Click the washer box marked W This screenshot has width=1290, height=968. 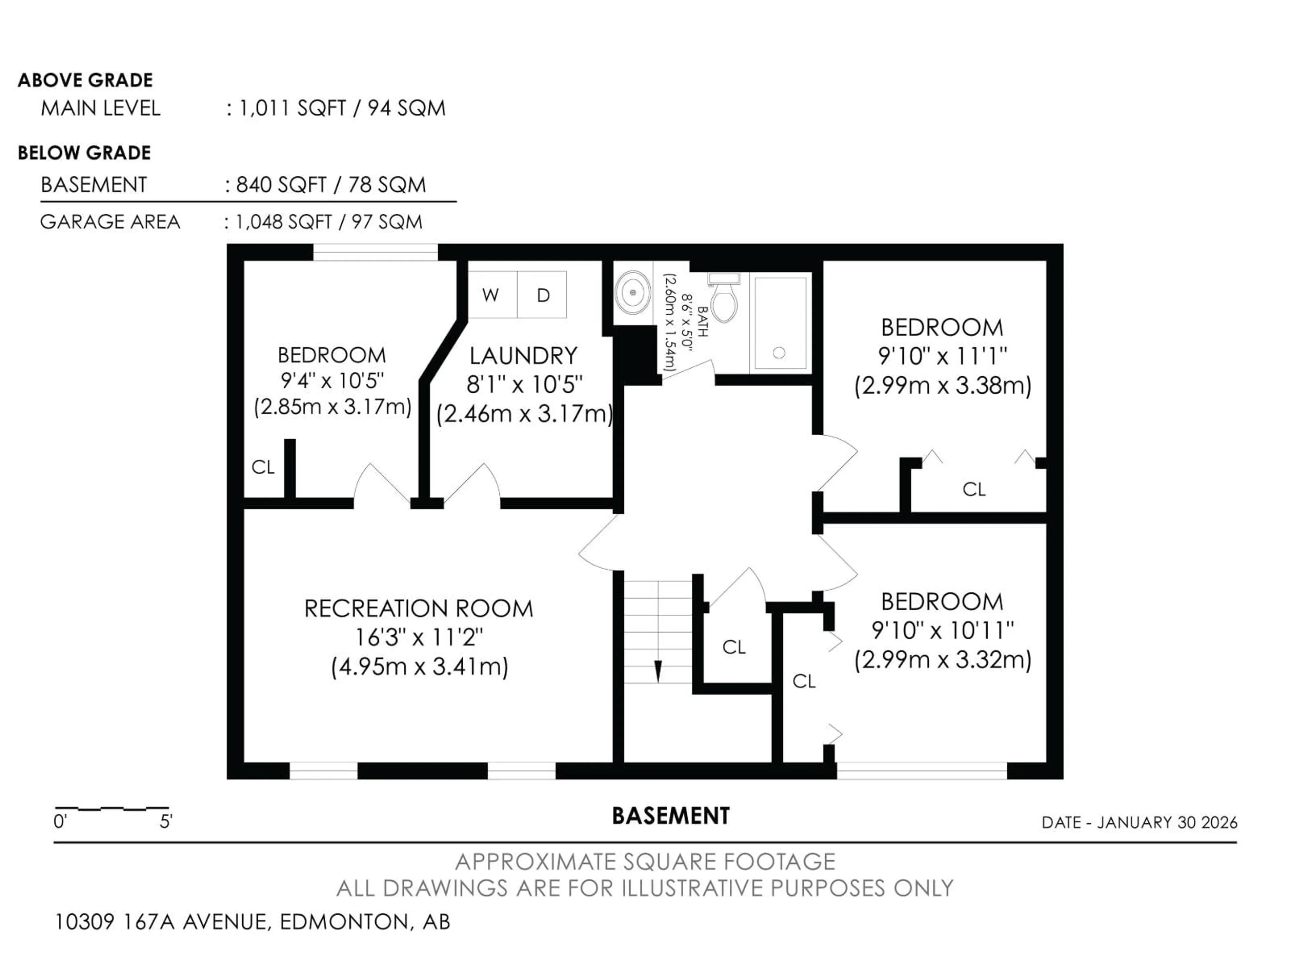(x=491, y=295)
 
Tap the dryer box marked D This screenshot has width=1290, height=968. (x=542, y=295)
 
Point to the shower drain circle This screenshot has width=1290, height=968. (x=779, y=353)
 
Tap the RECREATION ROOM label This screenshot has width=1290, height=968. (x=418, y=609)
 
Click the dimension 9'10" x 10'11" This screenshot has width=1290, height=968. (x=942, y=630)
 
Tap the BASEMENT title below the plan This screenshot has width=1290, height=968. (x=670, y=816)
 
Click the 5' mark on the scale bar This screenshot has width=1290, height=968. (x=166, y=821)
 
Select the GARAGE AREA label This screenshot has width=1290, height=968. (x=110, y=222)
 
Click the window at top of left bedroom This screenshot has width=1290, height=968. (x=376, y=252)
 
